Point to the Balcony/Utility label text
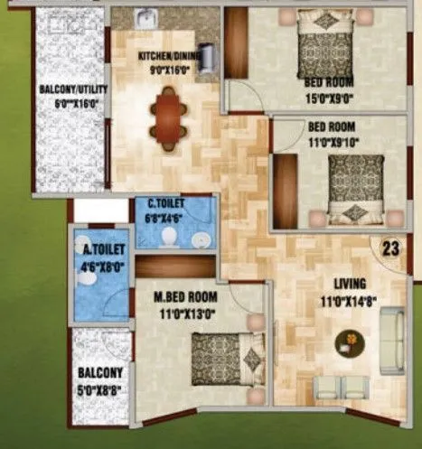[65, 89]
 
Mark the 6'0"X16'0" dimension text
[65, 103]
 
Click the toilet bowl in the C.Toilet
[168, 234]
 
